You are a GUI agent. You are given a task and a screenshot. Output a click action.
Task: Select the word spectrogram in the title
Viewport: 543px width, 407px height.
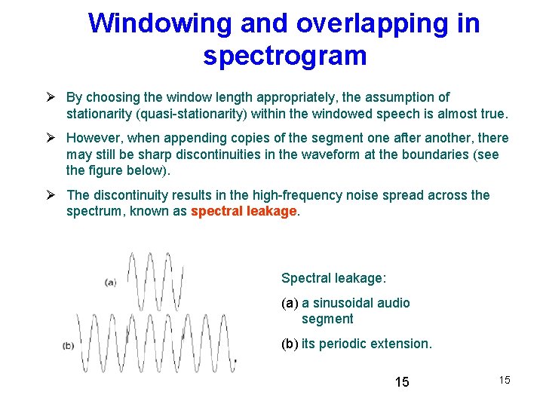[x=284, y=56]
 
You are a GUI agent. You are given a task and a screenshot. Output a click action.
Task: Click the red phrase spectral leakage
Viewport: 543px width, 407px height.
[x=244, y=212]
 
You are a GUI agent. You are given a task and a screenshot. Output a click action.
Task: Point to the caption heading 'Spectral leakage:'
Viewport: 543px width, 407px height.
[x=333, y=278]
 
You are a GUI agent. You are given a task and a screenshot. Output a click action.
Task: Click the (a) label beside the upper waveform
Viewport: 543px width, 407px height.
[x=110, y=283]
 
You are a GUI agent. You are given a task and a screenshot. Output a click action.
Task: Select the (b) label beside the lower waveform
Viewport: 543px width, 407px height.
[x=69, y=346]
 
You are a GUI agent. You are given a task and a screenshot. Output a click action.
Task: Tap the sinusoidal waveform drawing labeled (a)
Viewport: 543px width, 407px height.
[x=155, y=280]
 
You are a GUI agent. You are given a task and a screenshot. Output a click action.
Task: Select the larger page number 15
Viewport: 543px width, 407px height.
[x=402, y=382]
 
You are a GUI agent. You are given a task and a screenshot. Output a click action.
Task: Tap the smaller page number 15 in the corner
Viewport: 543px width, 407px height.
[x=505, y=380]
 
